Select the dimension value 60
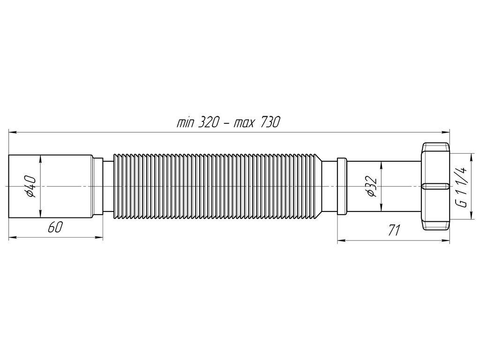[x=55, y=228]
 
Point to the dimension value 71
[x=394, y=231]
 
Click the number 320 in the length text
[x=209, y=123]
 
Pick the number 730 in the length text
[x=270, y=123]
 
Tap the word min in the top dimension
[x=186, y=123]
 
